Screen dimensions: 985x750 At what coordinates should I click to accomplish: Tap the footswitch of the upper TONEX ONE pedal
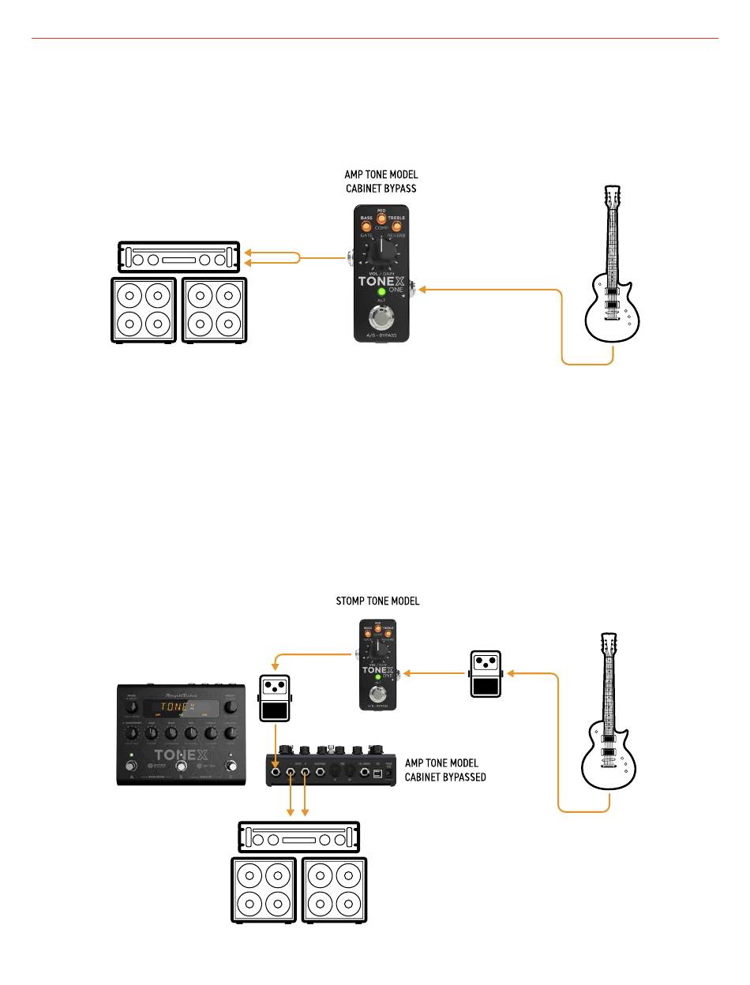pyautogui.click(x=381, y=320)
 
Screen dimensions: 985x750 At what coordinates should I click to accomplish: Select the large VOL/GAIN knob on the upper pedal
pyautogui.click(x=381, y=254)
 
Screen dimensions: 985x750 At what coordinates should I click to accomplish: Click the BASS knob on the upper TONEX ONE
pyautogui.click(x=366, y=227)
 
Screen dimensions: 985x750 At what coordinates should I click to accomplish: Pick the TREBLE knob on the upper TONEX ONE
pyautogui.click(x=397, y=227)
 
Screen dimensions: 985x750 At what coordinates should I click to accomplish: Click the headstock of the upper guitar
pyautogui.click(x=613, y=198)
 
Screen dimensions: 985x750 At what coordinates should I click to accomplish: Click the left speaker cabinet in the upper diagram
pyautogui.click(x=147, y=309)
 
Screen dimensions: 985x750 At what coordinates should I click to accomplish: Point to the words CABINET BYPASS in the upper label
pyautogui.click(x=381, y=189)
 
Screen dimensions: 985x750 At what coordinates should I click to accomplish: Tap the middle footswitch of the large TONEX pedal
pyautogui.click(x=181, y=766)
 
